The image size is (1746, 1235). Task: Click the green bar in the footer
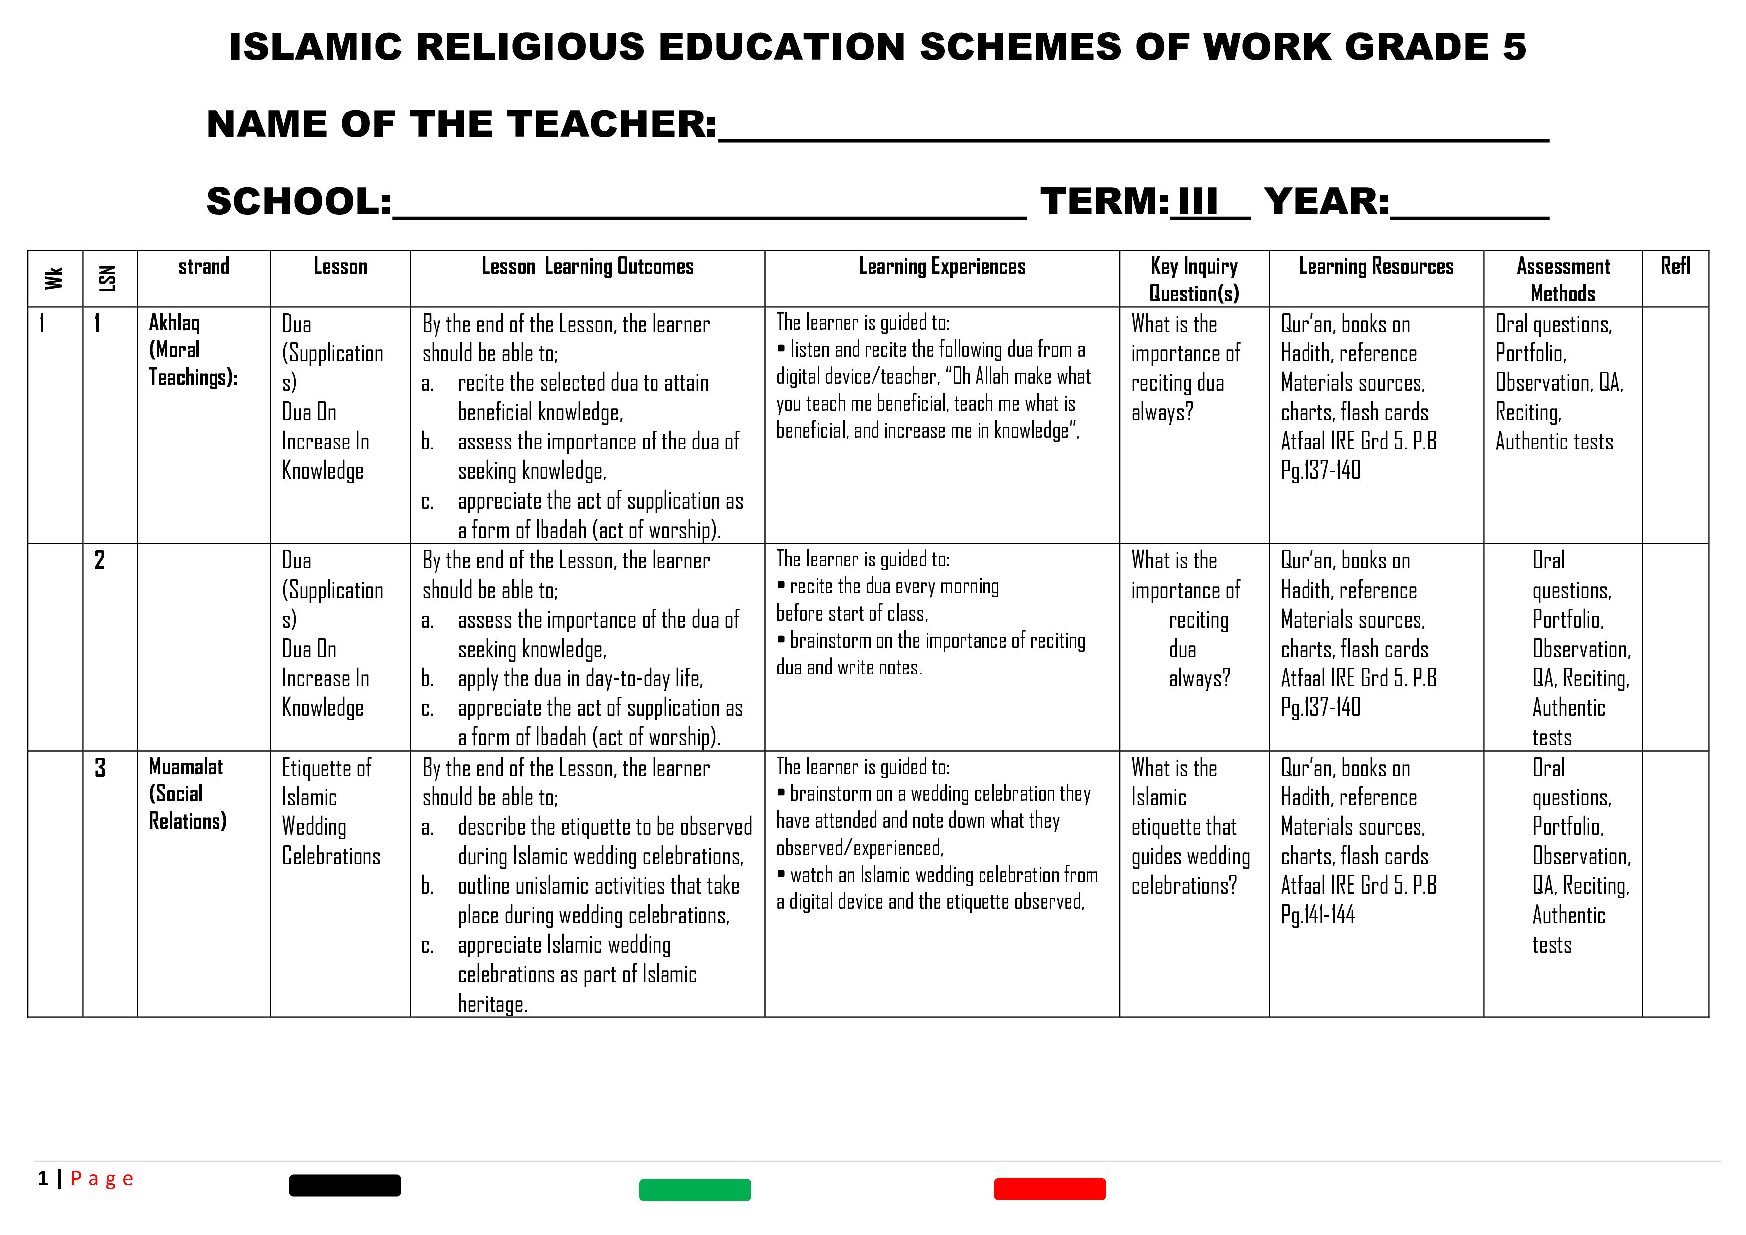[694, 1189]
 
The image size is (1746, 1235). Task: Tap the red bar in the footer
[1049, 1189]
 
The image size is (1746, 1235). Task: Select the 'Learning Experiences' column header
[942, 267]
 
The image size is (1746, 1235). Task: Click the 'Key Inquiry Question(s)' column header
[1194, 279]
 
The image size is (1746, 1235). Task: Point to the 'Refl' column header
[1675, 266]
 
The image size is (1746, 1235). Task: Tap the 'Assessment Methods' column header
[1563, 279]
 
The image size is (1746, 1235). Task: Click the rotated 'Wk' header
[54, 278]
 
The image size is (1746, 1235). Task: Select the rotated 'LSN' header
[108, 278]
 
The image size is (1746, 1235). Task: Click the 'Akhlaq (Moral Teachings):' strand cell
[193, 350]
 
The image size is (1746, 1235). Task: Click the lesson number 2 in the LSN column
[100, 561]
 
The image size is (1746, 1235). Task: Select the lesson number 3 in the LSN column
[100, 768]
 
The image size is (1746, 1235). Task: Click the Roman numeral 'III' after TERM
[1198, 202]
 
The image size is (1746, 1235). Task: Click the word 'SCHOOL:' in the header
[299, 202]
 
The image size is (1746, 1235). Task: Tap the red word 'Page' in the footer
[102, 1179]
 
